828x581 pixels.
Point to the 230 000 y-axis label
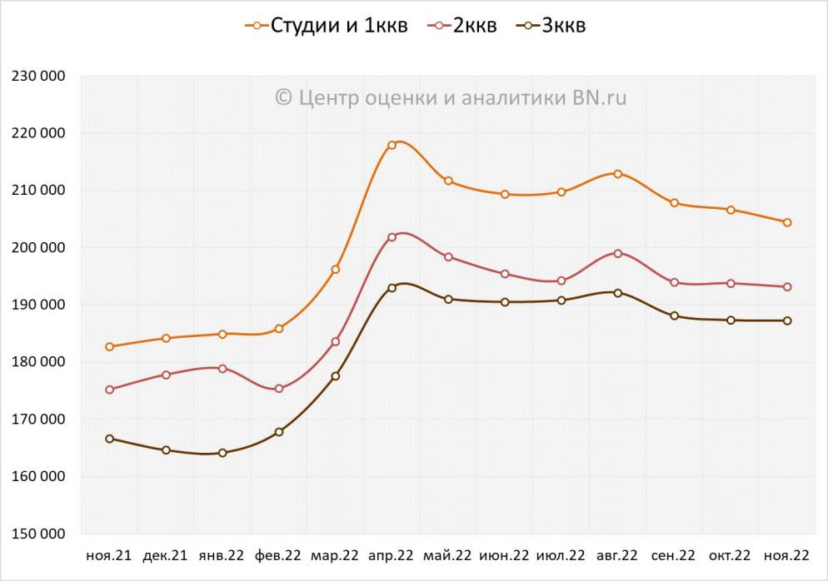coord(39,76)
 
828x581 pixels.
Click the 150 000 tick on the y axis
coord(39,534)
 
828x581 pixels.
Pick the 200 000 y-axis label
coord(39,247)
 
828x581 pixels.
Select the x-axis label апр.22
coord(392,555)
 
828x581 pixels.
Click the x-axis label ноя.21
coord(109,555)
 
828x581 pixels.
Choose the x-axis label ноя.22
coord(786,555)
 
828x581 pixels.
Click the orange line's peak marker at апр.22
coord(392,145)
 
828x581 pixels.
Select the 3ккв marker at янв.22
coord(222,453)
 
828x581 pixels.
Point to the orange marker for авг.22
coord(617,174)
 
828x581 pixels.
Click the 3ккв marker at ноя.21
coord(109,439)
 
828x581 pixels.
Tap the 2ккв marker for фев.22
coord(279,389)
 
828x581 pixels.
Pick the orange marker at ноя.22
coord(786,222)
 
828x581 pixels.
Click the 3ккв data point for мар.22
coord(336,376)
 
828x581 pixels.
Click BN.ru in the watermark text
coord(599,98)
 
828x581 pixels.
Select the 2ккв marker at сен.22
coord(674,283)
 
